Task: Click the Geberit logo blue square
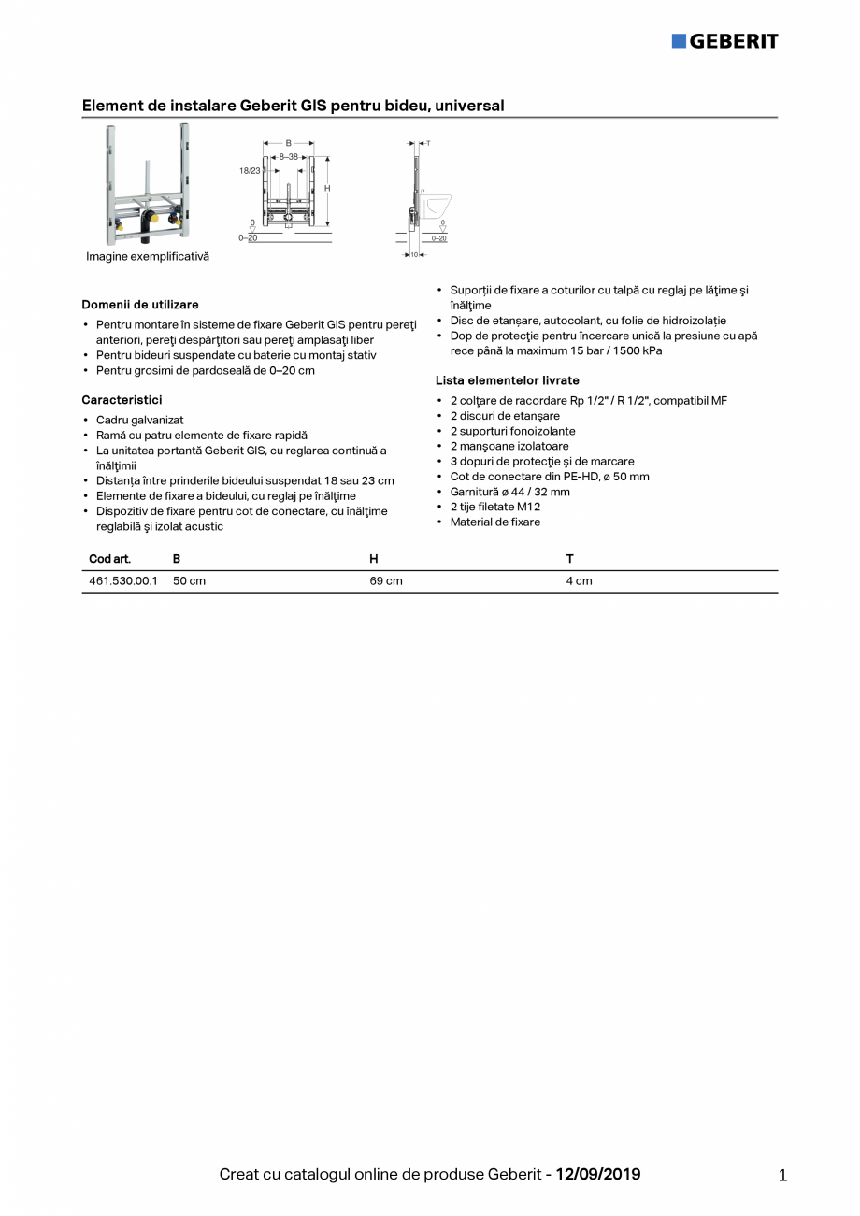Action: point(679,40)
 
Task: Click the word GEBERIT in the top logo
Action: point(734,40)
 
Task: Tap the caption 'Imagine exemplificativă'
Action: point(148,256)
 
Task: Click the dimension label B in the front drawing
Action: point(288,143)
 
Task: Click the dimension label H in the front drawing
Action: point(327,188)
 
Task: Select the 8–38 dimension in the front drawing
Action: point(288,157)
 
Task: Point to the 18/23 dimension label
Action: point(250,171)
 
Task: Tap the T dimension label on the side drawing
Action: point(427,143)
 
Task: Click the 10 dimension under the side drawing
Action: point(414,254)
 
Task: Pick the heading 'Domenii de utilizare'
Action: point(140,305)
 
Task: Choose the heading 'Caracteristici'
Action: point(122,400)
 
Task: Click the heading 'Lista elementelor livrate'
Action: point(508,380)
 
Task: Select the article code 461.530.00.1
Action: point(123,580)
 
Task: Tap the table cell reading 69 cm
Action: point(386,580)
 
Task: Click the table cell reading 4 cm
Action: point(579,580)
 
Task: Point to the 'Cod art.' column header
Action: point(109,559)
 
